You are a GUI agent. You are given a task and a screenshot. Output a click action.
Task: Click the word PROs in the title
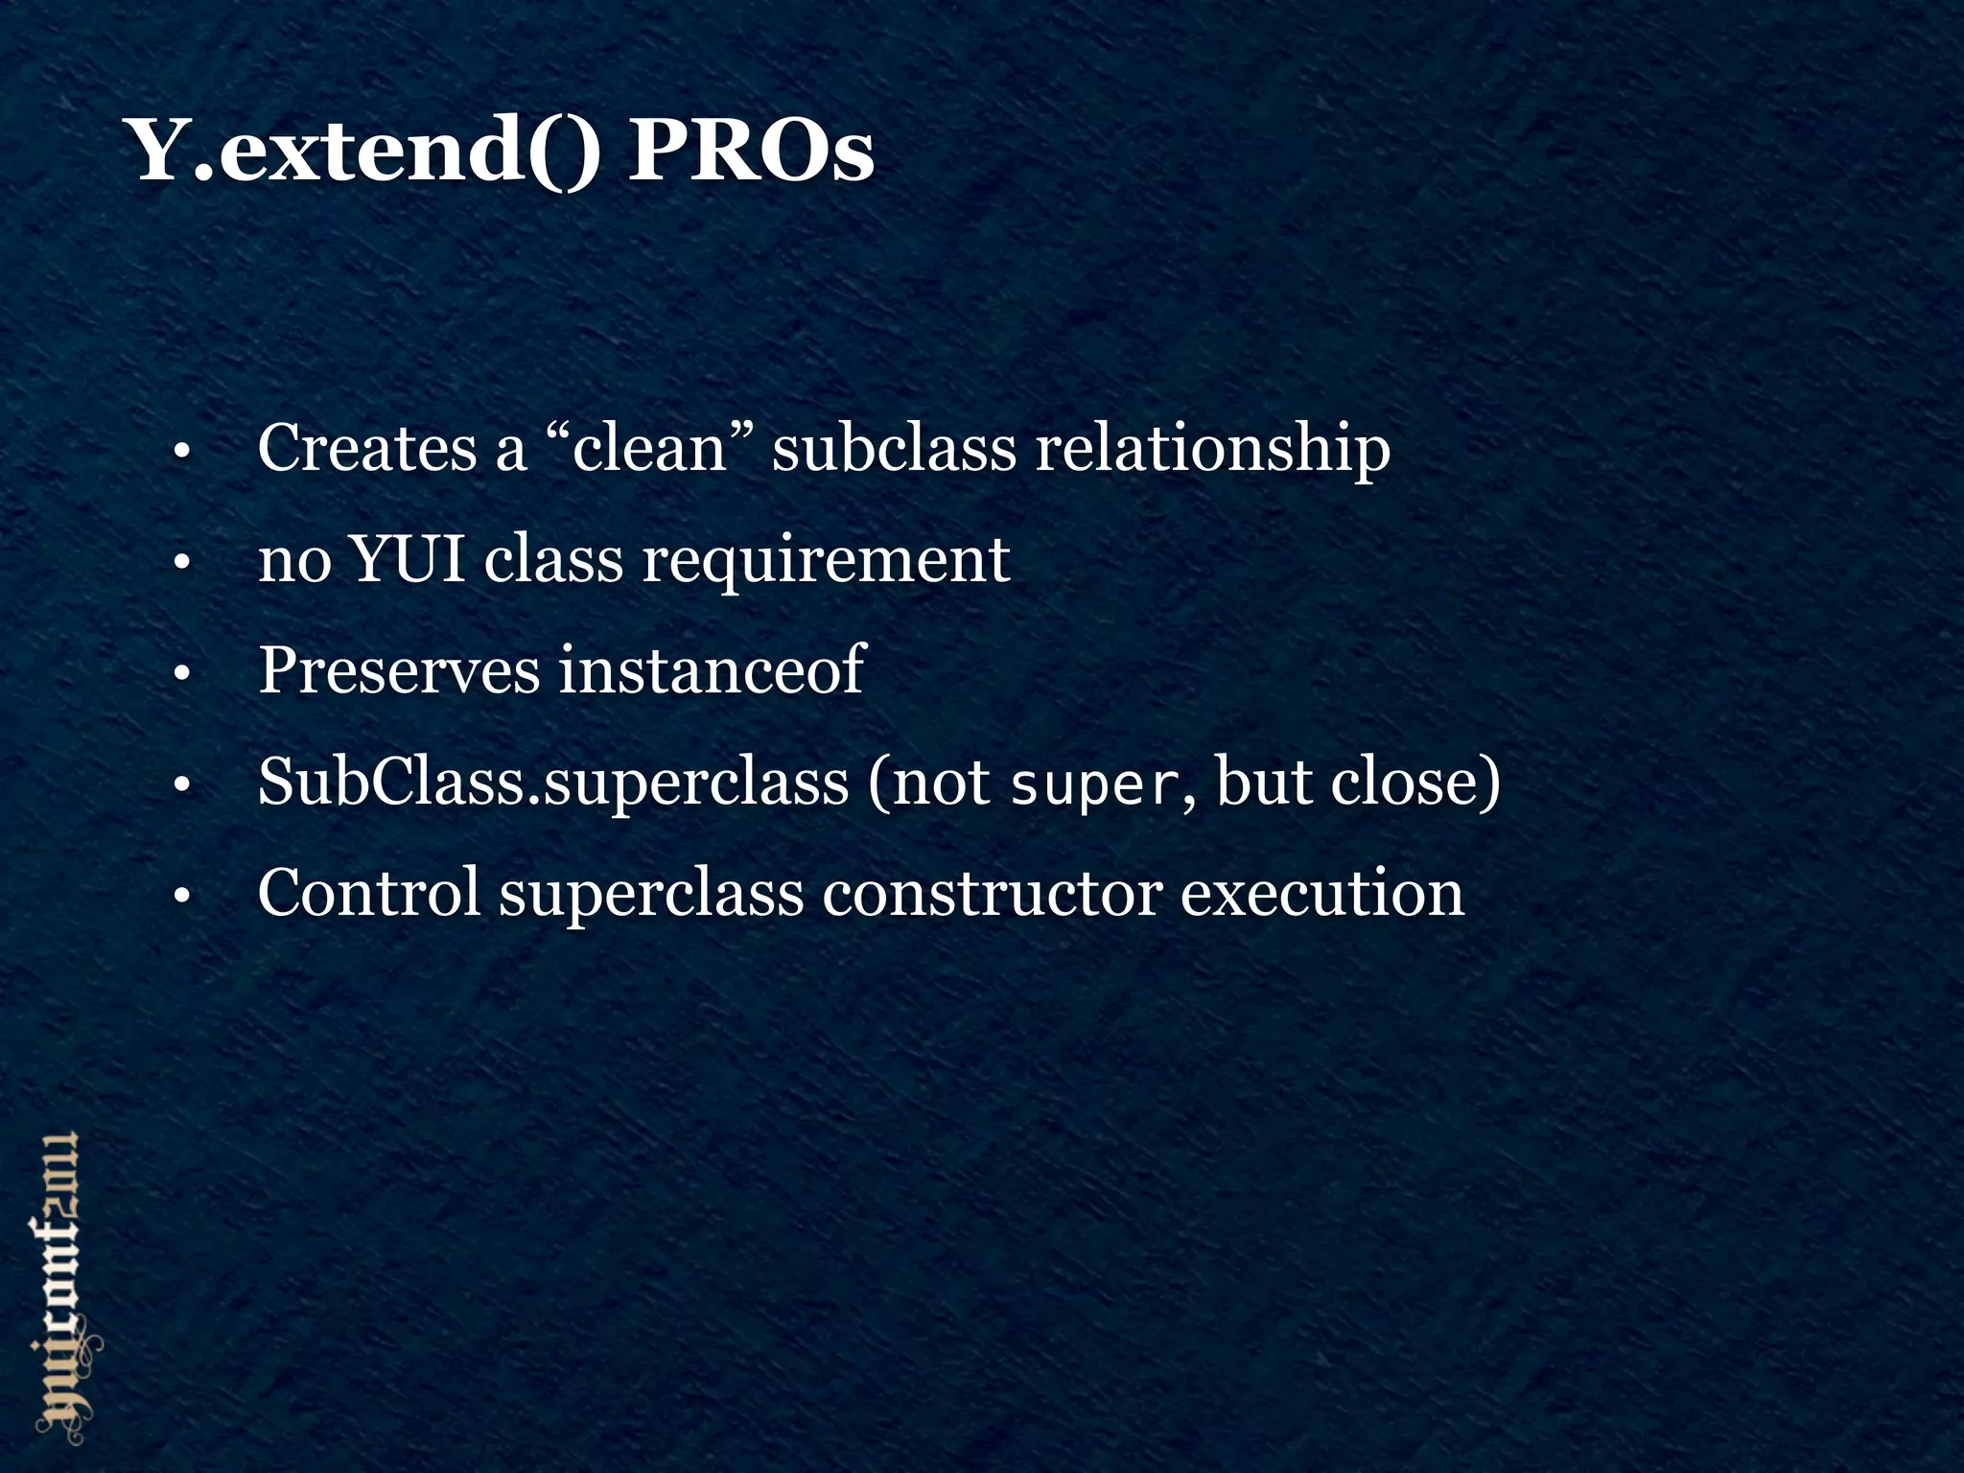point(751,152)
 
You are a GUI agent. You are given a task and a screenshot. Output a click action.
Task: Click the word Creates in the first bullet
point(367,448)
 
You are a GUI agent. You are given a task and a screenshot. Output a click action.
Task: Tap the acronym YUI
point(408,559)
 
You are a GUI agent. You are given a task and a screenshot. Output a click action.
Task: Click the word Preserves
point(399,670)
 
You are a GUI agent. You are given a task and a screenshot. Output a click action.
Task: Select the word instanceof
point(713,670)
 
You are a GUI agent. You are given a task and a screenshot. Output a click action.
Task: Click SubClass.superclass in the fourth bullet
point(553,783)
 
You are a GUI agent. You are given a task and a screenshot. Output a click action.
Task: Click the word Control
point(369,894)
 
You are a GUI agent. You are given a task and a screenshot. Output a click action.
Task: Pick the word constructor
point(993,894)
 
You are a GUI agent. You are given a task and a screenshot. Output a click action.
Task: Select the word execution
point(1322,894)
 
